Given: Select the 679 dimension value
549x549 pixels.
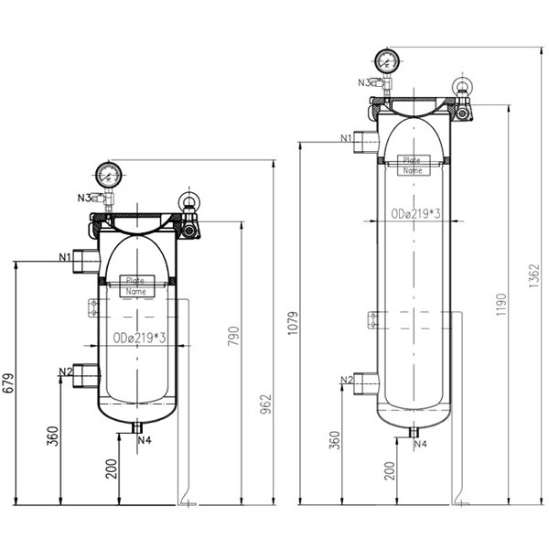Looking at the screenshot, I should (9, 382).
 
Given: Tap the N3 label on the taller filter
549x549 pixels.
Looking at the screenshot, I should (365, 82).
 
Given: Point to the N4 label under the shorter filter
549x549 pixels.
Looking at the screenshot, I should (145, 439).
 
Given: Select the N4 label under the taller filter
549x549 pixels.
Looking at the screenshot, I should (420, 444).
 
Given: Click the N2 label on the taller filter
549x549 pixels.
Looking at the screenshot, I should (347, 380).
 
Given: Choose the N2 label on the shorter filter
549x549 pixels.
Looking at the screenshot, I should (65, 371).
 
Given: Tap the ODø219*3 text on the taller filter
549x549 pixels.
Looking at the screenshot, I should (416, 213).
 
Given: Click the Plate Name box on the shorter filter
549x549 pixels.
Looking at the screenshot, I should (136, 285).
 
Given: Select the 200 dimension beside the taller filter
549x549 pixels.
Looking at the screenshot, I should (391, 470).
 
